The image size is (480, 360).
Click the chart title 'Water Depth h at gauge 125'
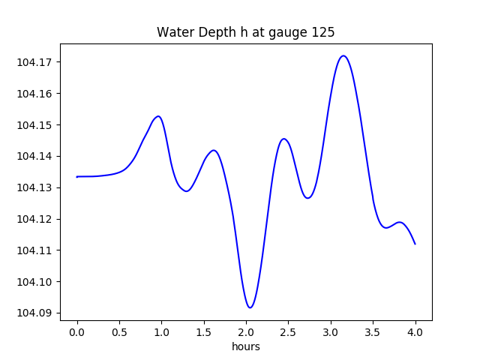[245, 32]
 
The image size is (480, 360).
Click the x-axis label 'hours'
[246, 347]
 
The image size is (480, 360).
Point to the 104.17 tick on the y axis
[37, 62]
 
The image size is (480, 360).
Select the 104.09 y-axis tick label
[37, 313]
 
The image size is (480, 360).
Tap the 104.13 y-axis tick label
[37, 187]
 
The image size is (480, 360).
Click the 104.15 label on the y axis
[37, 124]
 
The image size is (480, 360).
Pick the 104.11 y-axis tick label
[37, 250]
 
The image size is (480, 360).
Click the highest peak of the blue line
[343, 55]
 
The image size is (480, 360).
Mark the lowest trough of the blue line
[250, 307]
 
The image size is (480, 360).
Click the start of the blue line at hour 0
[77, 177]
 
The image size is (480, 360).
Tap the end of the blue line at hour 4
[415, 244]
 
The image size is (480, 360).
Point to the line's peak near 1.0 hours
[158, 116]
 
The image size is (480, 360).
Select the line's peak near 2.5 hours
[283, 139]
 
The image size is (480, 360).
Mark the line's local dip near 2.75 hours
[307, 198]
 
